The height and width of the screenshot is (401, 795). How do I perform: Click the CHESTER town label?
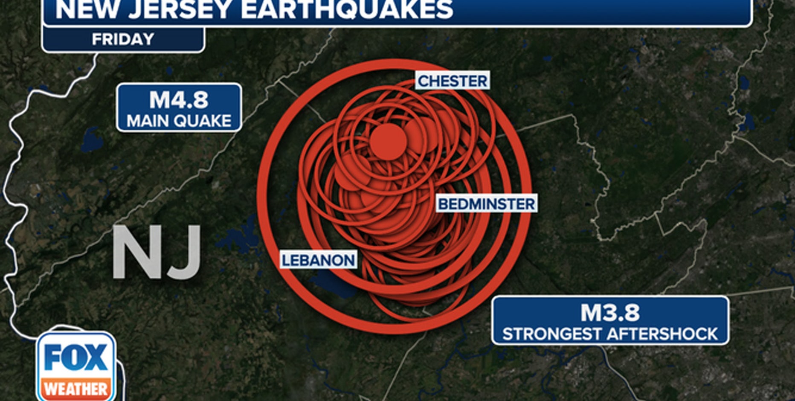452,81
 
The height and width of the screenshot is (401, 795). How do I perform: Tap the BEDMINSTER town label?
486,204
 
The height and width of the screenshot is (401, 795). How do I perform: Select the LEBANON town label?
318,260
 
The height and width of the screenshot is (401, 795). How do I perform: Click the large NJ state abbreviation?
157,252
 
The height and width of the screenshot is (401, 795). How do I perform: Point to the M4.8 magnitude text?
179,100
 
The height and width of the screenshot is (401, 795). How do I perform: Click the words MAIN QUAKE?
179,121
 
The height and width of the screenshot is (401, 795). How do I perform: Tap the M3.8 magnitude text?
610,313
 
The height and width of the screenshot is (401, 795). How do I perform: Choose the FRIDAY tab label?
123,39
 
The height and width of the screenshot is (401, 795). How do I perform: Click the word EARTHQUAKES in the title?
347,9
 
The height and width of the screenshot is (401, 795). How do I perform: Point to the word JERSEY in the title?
180,9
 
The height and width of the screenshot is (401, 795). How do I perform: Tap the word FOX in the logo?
76,357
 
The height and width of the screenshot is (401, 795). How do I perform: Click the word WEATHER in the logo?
76,389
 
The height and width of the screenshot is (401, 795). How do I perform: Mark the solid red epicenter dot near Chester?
387,142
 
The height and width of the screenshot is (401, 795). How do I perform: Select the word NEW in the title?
87,9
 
